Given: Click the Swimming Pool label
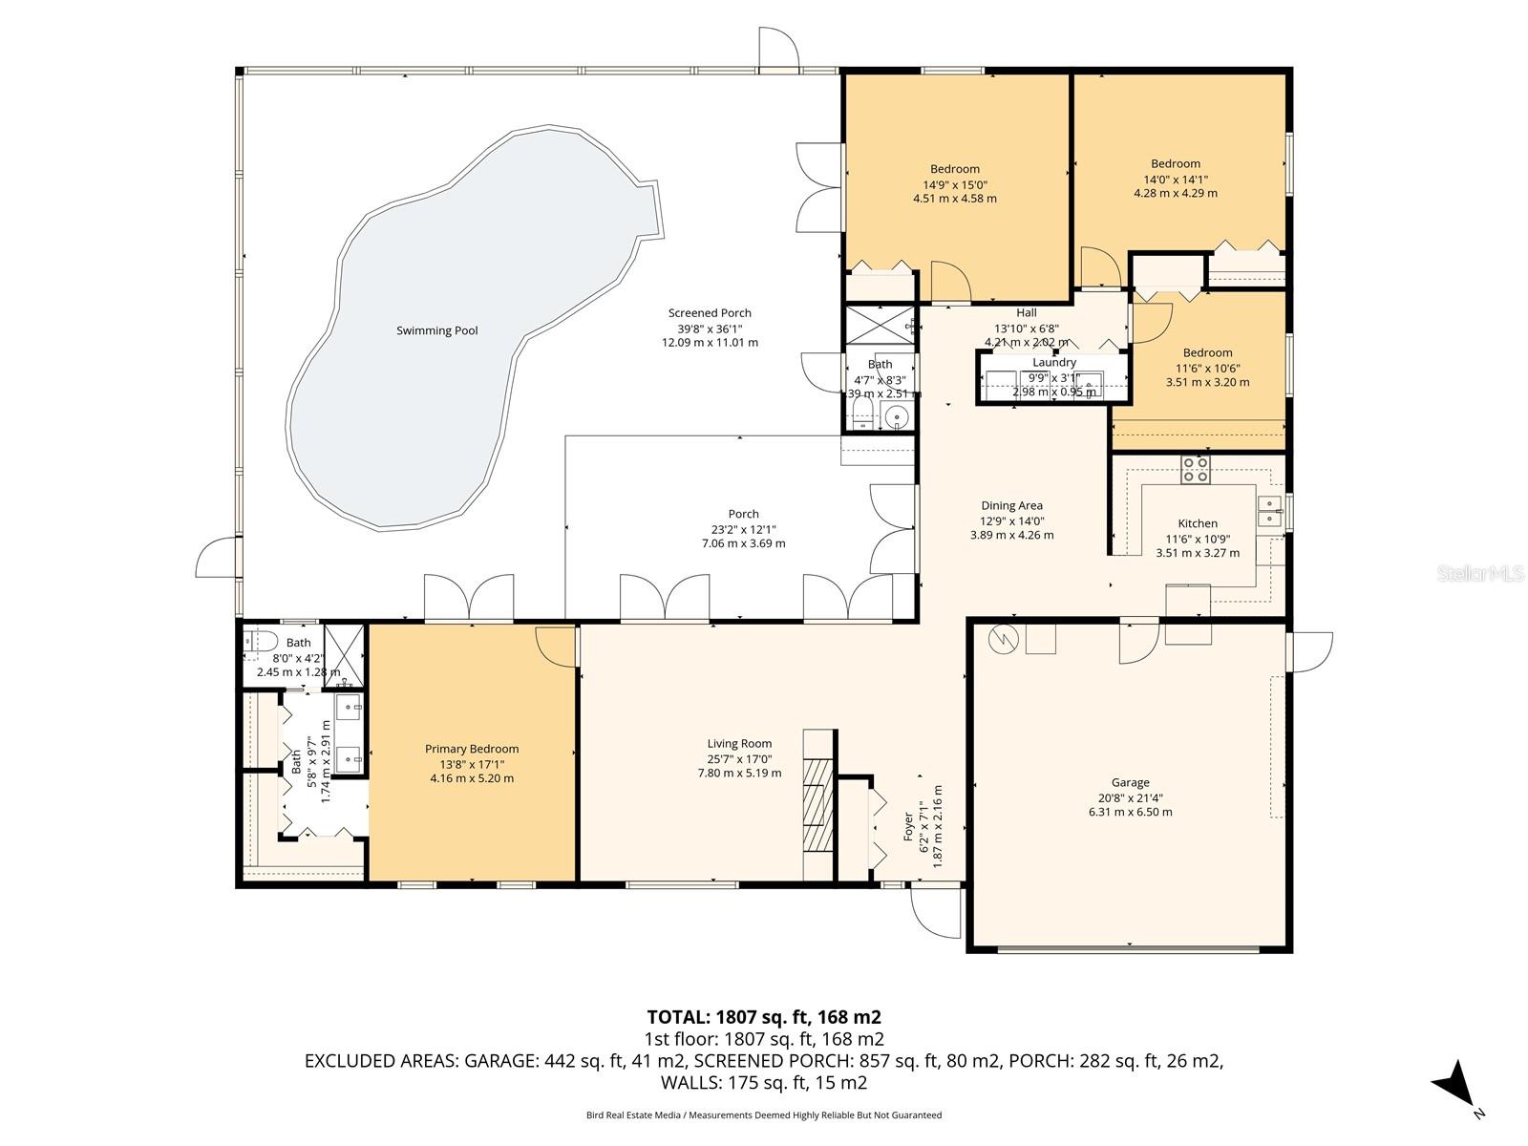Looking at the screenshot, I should click(436, 330).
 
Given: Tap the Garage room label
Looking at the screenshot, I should click(1130, 782).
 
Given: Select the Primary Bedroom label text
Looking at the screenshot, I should click(472, 749).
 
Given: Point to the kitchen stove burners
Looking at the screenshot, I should click(1196, 469).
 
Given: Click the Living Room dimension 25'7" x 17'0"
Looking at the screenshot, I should click(739, 759).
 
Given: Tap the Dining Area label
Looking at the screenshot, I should click(1011, 505).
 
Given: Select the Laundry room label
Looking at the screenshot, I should click(1054, 362).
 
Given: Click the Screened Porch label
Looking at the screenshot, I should click(710, 312).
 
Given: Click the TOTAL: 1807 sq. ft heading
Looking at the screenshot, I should click(763, 1016).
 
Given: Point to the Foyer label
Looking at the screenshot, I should click(908, 827).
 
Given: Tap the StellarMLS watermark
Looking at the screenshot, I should click(1480, 574).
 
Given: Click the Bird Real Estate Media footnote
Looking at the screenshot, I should click(763, 1114).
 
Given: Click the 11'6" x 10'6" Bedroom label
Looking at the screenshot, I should click(1207, 352).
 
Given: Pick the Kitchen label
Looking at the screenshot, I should click(1198, 522).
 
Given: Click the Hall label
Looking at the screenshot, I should click(1027, 312).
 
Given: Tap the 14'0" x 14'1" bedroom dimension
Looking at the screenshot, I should click(1175, 179).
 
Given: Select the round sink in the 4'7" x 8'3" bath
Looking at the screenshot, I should click(896, 417).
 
